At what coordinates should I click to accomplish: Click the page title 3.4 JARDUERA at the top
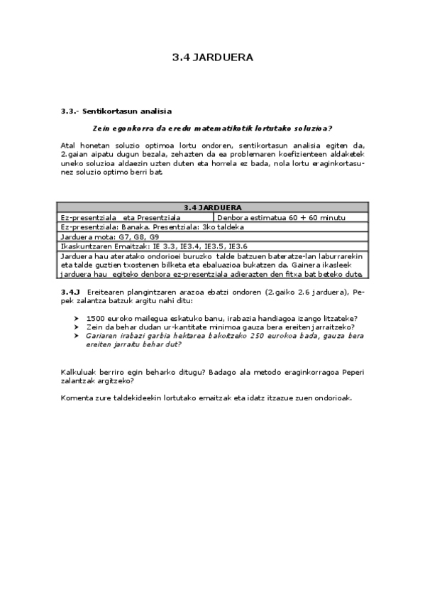pos(212,58)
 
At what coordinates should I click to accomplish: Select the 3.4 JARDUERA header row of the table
pos(212,207)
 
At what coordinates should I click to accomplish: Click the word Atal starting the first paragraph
pos(67,146)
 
